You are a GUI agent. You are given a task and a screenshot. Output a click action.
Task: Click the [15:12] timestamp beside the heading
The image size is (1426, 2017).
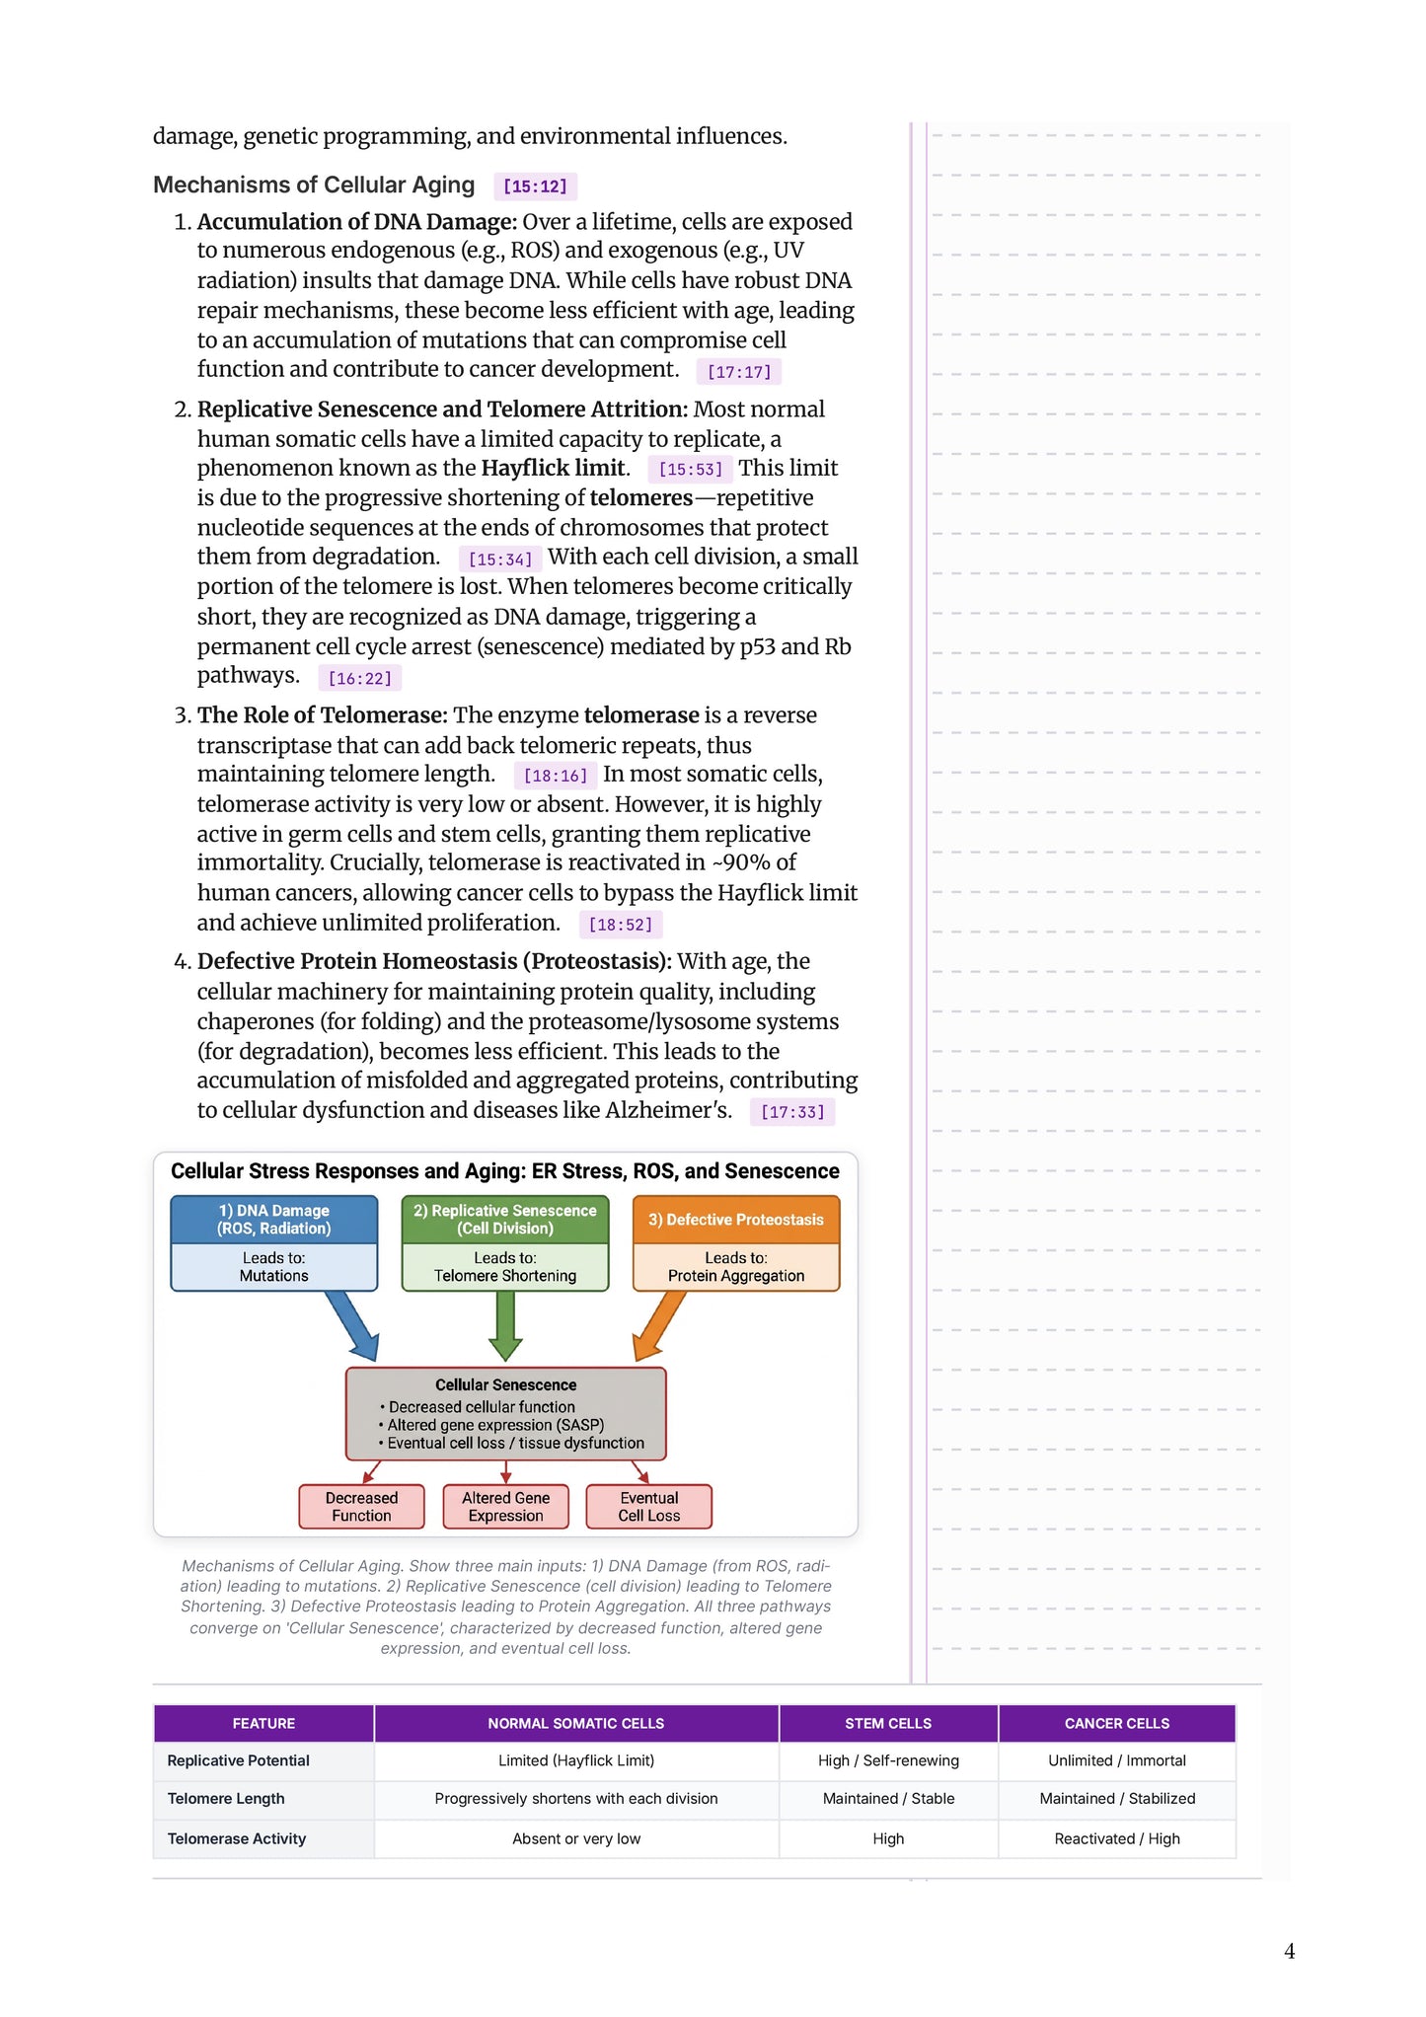(x=535, y=187)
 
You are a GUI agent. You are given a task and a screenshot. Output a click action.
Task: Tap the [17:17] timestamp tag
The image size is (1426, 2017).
(x=738, y=372)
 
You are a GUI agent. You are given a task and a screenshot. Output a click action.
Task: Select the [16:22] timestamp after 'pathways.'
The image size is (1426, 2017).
(x=359, y=679)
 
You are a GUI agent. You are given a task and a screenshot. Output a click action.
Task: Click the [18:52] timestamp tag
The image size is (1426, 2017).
(x=620, y=925)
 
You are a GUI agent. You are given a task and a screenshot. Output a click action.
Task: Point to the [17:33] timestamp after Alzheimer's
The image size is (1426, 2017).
(x=791, y=1112)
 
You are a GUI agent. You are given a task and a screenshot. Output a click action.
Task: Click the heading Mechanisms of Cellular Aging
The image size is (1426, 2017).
(x=314, y=186)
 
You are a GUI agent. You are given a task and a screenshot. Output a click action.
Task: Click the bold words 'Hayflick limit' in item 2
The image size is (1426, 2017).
(x=553, y=468)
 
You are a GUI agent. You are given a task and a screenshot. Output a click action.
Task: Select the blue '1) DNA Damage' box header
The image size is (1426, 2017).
(x=274, y=1220)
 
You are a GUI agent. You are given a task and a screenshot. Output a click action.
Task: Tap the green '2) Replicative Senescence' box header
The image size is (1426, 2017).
(x=504, y=1220)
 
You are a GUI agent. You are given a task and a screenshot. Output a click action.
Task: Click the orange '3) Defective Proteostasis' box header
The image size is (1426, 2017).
(x=735, y=1220)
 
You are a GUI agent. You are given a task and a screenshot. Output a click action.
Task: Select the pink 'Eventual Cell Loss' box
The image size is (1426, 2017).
(x=648, y=1507)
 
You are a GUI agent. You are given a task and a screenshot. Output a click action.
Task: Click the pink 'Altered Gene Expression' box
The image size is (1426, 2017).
(x=505, y=1507)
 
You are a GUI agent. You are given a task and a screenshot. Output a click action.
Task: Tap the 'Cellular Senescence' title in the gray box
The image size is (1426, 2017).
(x=505, y=1385)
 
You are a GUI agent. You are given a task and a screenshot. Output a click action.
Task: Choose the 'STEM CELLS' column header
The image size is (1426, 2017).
(x=887, y=1724)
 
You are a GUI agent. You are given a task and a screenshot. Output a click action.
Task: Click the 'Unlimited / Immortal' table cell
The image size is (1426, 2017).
(x=1116, y=1761)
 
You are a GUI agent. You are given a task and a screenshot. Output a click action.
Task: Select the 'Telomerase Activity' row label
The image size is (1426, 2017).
(x=237, y=1839)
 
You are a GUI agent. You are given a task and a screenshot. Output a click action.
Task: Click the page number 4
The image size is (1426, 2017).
(x=1289, y=1952)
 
